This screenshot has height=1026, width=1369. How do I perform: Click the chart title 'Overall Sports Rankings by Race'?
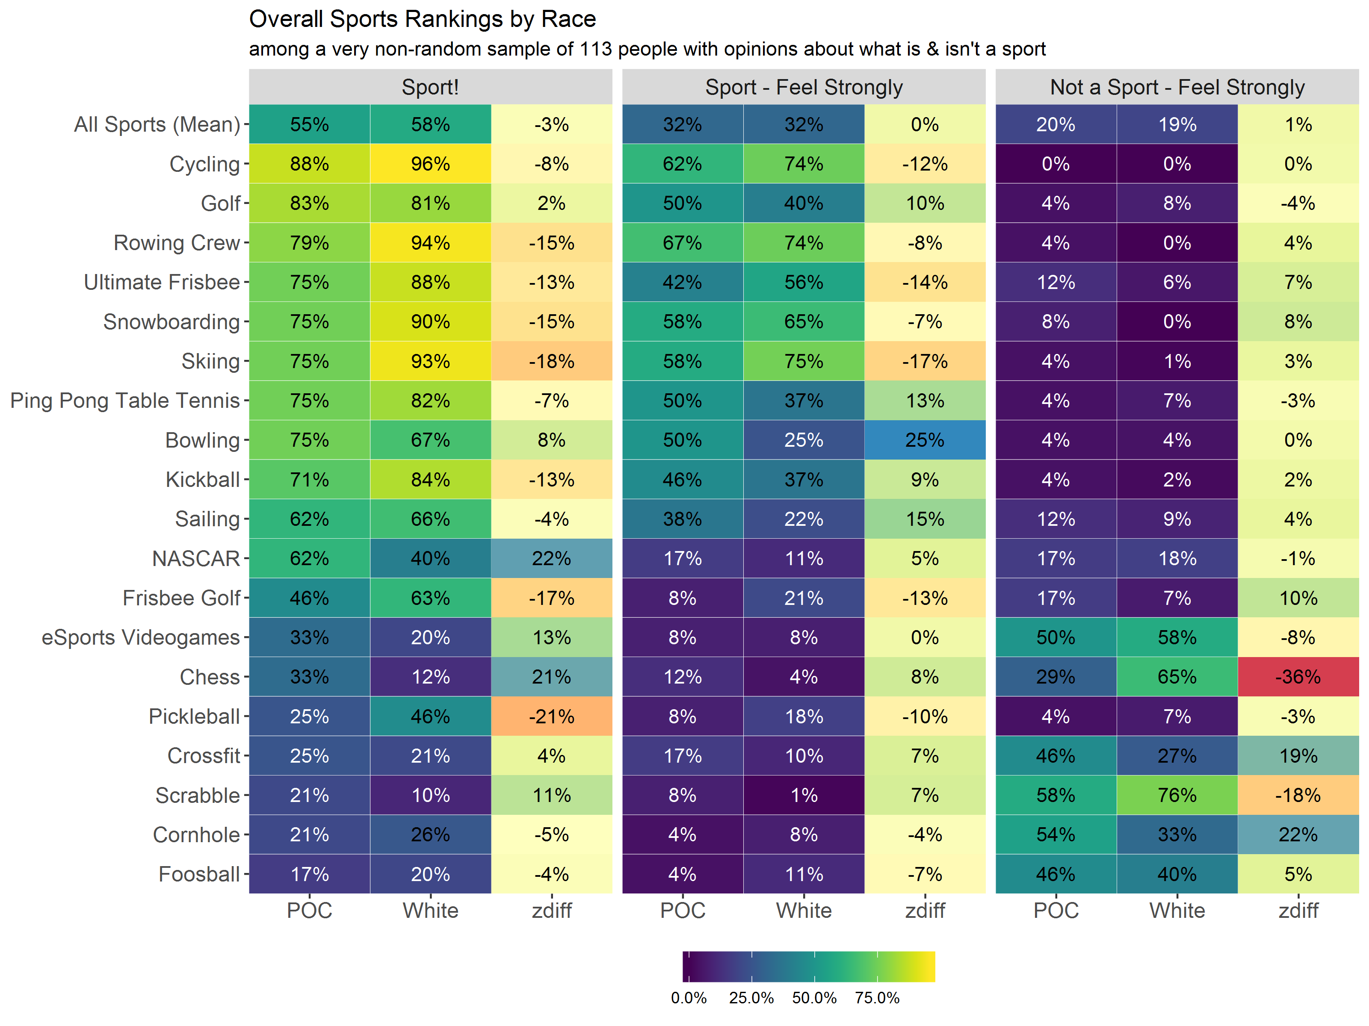(422, 19)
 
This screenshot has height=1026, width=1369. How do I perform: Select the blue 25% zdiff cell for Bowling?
(925, 440)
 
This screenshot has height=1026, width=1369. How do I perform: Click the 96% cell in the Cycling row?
(430, 164)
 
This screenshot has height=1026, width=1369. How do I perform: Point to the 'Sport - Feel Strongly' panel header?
(803, 87)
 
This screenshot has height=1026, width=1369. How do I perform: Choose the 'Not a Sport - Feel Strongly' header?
(1177, 87)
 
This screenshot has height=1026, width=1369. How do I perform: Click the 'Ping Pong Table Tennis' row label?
(125, 401)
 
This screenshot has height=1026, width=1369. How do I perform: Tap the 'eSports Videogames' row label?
(140, 637)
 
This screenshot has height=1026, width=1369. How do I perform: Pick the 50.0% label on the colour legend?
(814, 997)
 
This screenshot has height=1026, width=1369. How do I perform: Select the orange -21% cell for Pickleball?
(551, 716)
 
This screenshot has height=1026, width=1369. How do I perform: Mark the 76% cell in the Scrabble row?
(1177, 795)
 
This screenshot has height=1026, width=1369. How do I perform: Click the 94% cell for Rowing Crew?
(430, 242)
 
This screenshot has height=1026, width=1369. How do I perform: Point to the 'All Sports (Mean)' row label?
(157, 124)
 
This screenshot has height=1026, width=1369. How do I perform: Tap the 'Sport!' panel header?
(430, 87)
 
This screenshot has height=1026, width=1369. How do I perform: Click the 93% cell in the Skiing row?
(430, 361)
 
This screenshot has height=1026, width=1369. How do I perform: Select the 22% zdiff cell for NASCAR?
(551, 558)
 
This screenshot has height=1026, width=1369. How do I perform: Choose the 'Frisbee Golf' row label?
(181, 598)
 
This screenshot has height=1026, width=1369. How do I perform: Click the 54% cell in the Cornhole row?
(1056, 835)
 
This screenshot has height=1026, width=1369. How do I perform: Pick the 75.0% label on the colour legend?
(877, 997)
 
